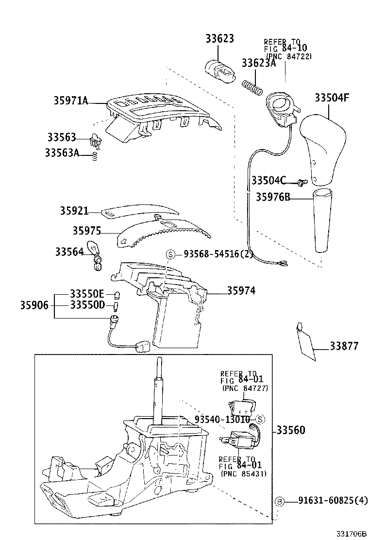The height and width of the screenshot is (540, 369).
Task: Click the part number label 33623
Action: tap(219, 39)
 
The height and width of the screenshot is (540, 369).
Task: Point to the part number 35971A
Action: tap(71, 101)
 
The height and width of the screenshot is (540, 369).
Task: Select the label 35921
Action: tap(74, 211)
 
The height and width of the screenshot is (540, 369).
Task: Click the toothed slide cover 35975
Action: tap(165, 232)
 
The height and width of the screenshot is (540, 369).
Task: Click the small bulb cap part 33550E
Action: tap(116, 295)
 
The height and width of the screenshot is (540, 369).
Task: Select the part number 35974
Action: tap(241, 291)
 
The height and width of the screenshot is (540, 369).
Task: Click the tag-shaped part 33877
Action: tap(305, 342)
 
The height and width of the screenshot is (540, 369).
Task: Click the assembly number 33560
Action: tap(291, 430)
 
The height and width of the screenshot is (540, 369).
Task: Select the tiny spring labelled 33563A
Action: tap(95, 156)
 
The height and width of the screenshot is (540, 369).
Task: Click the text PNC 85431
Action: tap(244, 473)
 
